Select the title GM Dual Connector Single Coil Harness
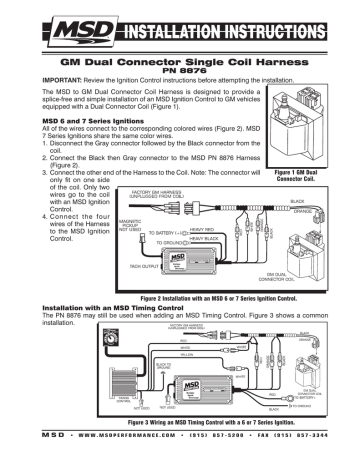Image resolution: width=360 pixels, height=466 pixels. point(180,59)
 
